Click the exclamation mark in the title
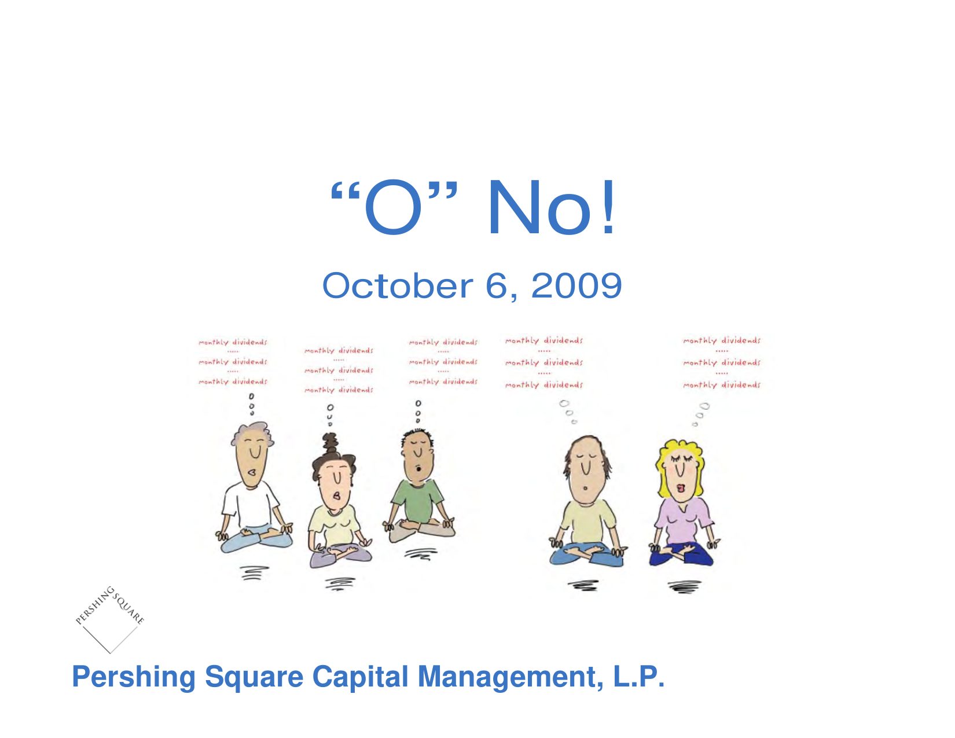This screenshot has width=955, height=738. [608, 207]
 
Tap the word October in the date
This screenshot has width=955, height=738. [397, 286]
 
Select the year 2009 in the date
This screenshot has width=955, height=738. [576, 286]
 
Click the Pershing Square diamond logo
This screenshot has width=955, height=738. [110, 619]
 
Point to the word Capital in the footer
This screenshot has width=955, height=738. [361, 677]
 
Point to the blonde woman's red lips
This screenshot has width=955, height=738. [681, 489]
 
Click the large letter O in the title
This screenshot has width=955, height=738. [393, 207]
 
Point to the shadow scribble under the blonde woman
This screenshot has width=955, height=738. [684, 588]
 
